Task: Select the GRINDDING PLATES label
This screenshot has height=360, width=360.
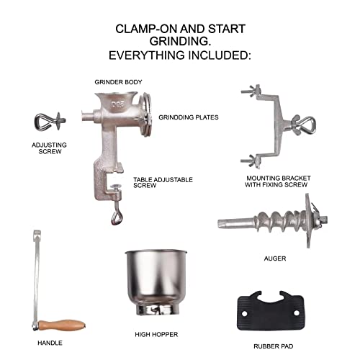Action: click(x=188, y=117)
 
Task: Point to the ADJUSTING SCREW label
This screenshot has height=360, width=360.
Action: click(x=49, y=148)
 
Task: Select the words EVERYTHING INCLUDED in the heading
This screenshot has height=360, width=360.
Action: click(x=179, y=55)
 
